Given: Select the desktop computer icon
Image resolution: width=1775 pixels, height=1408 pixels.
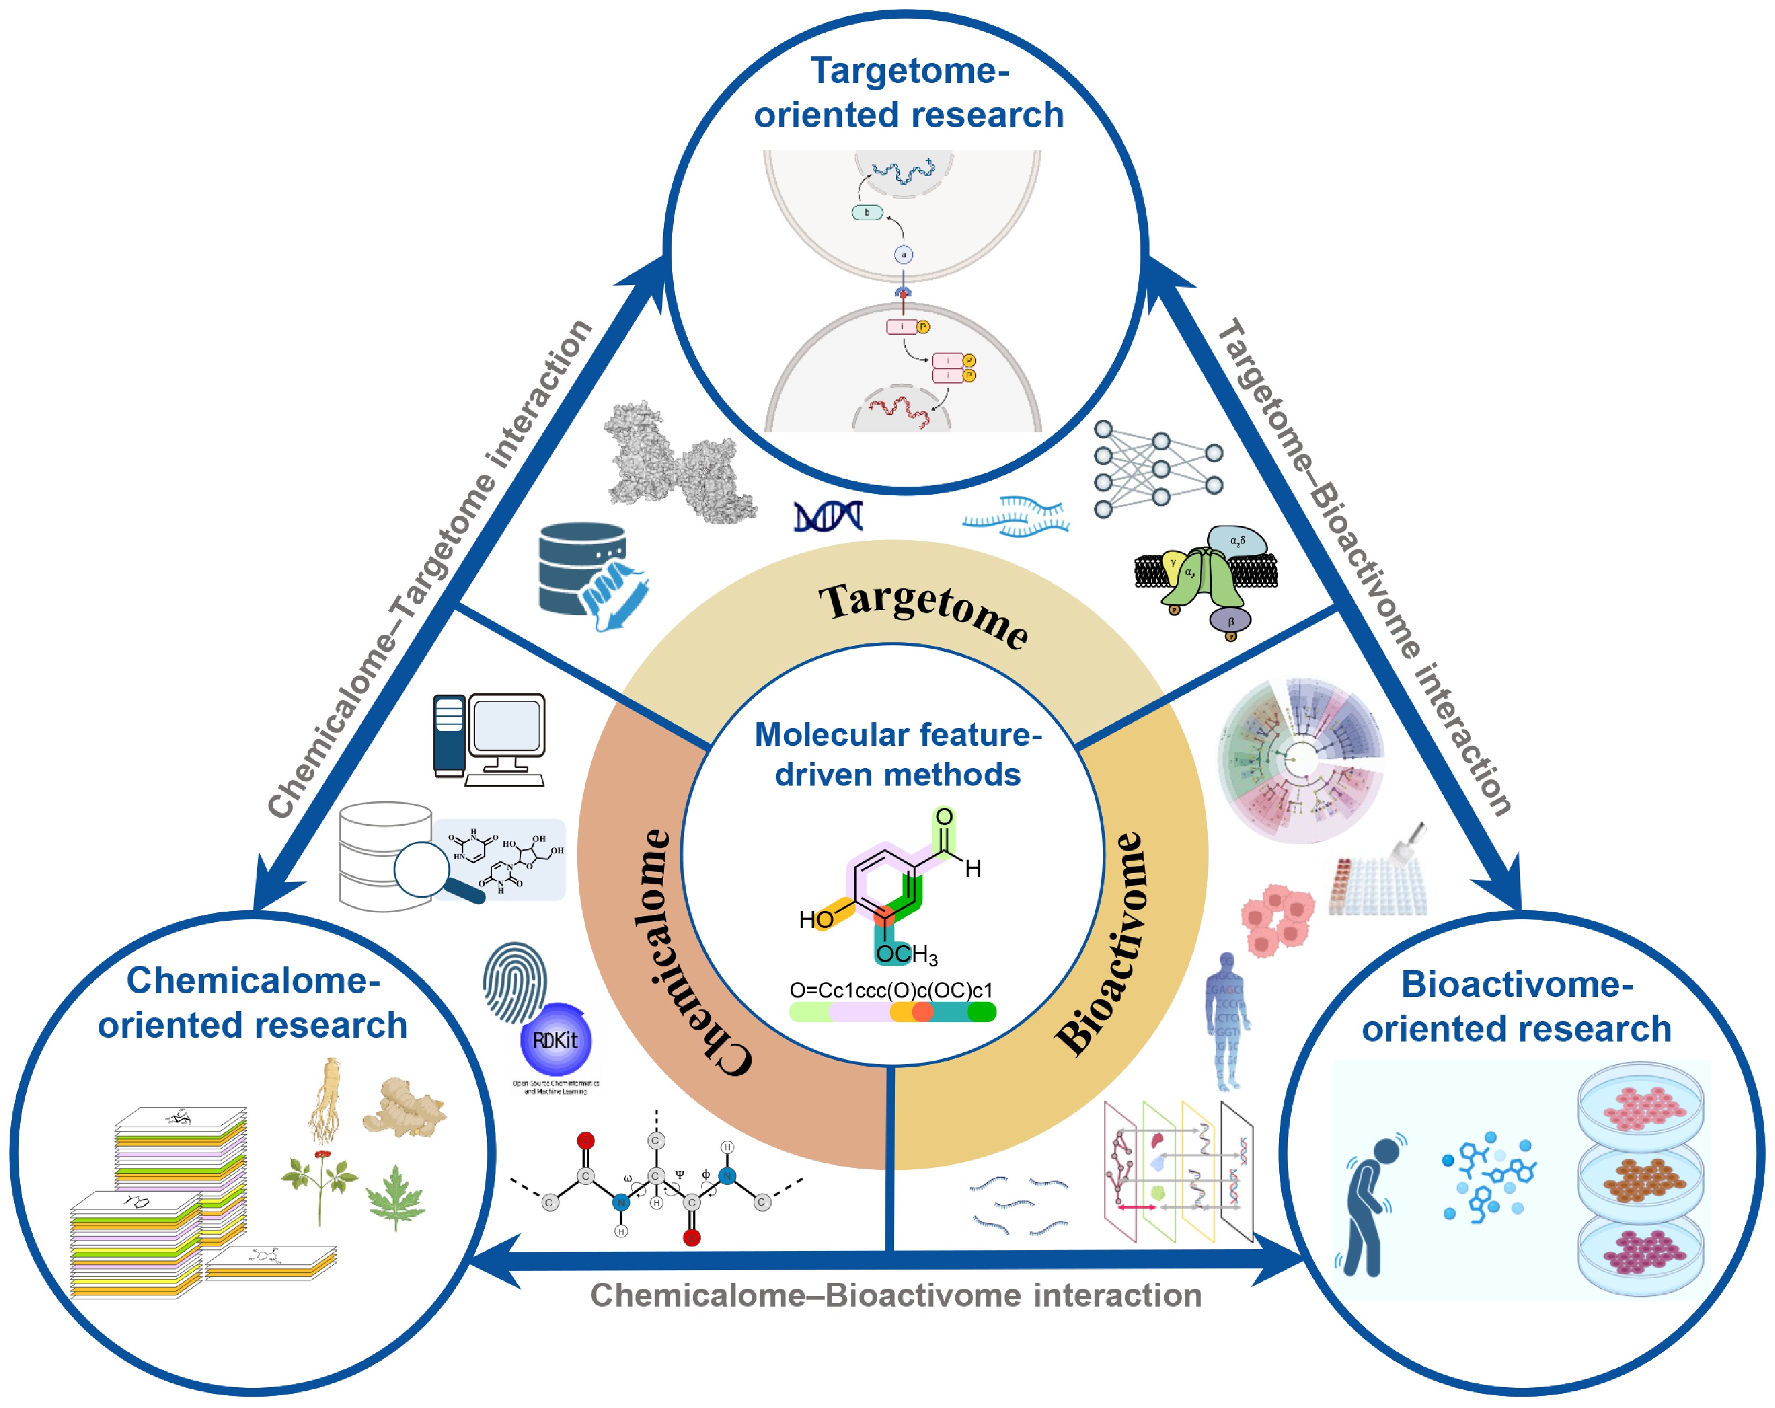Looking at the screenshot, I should click(x=489, y=739).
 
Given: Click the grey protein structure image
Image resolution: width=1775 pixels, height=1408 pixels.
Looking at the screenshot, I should click(x=676, y=463).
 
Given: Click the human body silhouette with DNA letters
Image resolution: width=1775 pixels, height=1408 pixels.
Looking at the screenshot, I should click(x=1227, y=1021).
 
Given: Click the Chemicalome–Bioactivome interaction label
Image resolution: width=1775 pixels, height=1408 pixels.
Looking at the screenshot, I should click(x=896, y=1296).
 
